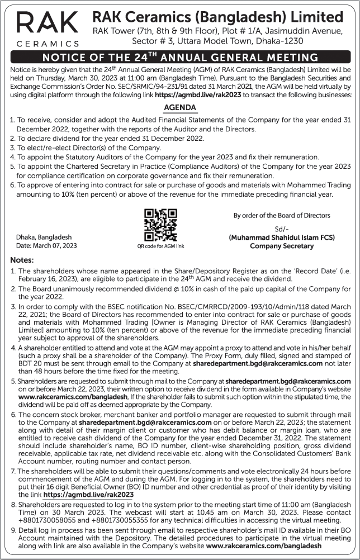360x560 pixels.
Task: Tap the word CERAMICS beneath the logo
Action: pyautogui.click(x=47, y=43)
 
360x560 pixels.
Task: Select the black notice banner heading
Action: pyautogui.click(x=180, y=57)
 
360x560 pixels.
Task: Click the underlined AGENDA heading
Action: pyautogui.click(x=179, y=107)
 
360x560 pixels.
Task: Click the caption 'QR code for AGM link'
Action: pyautogui.click(x=160, y=246)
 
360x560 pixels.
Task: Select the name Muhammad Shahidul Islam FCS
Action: pyautogui.click(x=282, y=238)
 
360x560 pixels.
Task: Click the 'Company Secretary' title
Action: pyautogui.click(x=282, y=246)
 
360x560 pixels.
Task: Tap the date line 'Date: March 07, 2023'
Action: pyautogui.click(x=47, y=246)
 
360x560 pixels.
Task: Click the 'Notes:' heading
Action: pyautogui.click(x=22, y=260)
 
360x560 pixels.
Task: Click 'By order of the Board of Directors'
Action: pyautogui.click(x=282, y=215)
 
